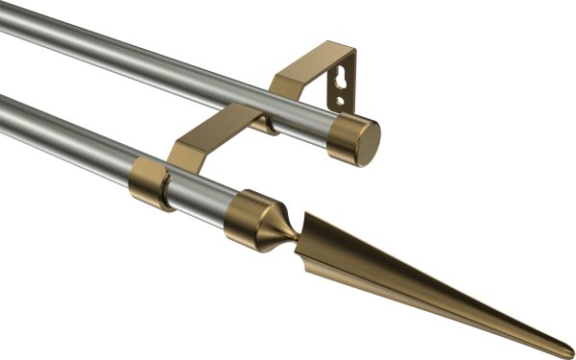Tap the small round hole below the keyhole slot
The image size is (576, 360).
(340, 96)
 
